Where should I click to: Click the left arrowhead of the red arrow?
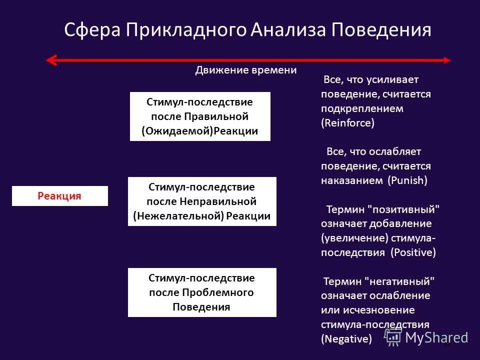pyautogui.click(x=50, y=60)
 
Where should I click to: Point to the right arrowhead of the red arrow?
pyautogui.click(x=446, y=60)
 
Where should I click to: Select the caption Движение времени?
pyautogui.click(x=245, y=70)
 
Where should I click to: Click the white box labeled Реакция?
pyautogui.click(x=59, y=196)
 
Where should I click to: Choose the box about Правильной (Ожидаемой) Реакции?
pyautogui.click(x=200, y=116)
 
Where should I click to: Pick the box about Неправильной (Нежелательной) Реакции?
pyautogui.click(x=202, y=201)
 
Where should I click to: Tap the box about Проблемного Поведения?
pyautogui.click(x=202, y=292)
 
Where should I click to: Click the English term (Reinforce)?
pyautogui.click(x=347, y=123)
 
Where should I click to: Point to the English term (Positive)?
pyautogui.click(x=413, y=252)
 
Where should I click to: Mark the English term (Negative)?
pyautogui.click(x=346, y=339)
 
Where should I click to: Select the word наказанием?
pyautogui.click(x=352, y=180)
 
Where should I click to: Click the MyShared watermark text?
pyautogui.click(x=436, y=337)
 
